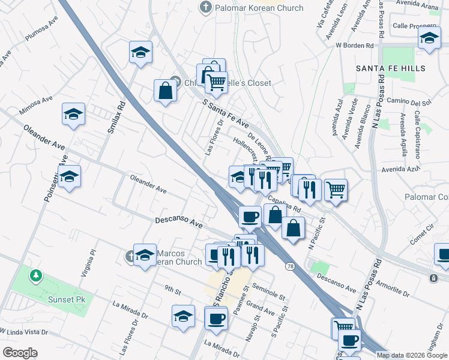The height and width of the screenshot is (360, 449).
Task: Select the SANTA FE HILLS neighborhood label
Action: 390,68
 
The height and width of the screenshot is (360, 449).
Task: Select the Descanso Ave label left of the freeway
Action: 179,222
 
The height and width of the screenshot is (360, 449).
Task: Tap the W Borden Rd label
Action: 355,45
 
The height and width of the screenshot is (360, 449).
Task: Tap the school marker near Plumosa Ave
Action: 140,52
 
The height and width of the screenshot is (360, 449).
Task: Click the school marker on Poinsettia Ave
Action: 70,177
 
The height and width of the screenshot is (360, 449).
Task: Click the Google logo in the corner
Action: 20,353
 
